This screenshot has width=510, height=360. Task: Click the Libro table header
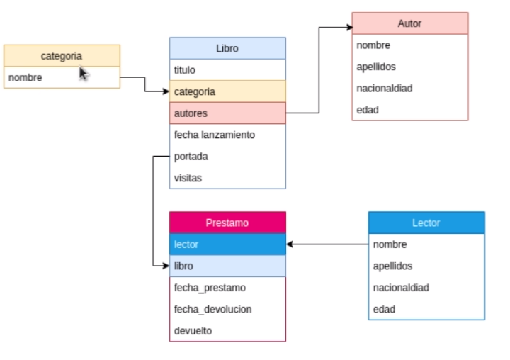pyautogui.click(x=227, y=48)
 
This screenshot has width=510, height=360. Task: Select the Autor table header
pyautogui.click(x=409, y=23)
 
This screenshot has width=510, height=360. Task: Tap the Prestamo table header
pyautogui.click(x=227, y=223)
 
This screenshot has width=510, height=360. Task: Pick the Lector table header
pyautogui.click(x=426, y=223)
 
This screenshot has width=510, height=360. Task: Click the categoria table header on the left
pyautogui.click(x=62, y=55)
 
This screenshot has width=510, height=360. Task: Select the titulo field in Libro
pyautogui.click(x=227, y=70)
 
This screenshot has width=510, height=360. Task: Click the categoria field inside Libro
pyautogui.click(x=227, y=91)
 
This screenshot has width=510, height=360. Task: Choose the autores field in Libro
pyautogui.click(x=227, y=113)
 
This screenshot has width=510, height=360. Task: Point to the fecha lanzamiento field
pyautogui.click(x=227, y=135)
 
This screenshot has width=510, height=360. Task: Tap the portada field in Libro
pyautogui.click(x=227, y=157)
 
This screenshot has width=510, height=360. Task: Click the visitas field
pyautogui.click(x=227, y=178)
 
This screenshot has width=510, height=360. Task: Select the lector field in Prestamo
pyautogui.click(x=227, y=244)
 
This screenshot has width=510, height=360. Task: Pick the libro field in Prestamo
pyautogui.click(x=227, y=266)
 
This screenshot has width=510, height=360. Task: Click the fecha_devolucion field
pyautogui.click(x=227, y=309)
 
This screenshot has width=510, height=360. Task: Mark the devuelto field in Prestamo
pyautogui.click(x=227, y=330)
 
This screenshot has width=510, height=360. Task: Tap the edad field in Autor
pyautogui.click(x=409, y=110)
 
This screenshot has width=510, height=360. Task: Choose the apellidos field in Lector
pyautogui.click(x=426, y=266)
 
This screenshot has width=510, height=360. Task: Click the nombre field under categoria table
pyautogui.click(x=62, y=77)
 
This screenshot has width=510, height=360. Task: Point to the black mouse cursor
pyautogui.click(x=83, y=73)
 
